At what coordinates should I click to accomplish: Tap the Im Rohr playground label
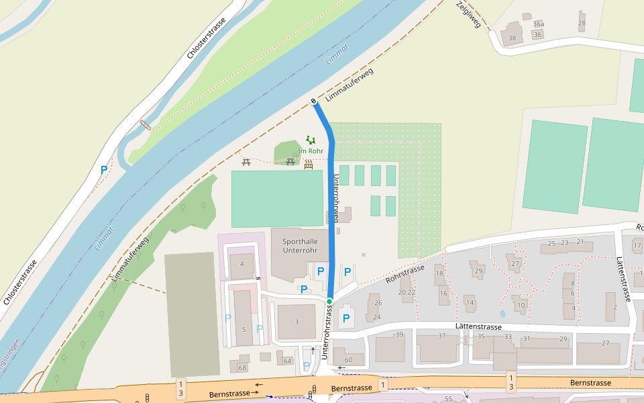pyautogui.click(x=311, y=151)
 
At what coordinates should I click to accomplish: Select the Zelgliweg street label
pyautogui.click(x=469, y=15)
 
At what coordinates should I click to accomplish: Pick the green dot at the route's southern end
pyautogui.click(x=329, y=302)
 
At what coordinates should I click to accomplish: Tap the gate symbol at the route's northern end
pyautogui.click(x=313, y=101)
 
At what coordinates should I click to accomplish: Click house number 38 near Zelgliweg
pyautogui.click(x=512, y=38)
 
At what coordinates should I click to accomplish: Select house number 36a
pyautogui.click(x=538, y=24)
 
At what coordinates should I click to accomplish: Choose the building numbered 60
pyautogui.click(x=348, y=360)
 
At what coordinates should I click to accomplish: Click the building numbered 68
pyautogui.click(x=242, y=367)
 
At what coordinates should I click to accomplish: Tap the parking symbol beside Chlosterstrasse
pyautogui.click(x=104, y=170)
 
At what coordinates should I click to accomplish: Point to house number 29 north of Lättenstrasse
pyautogui.click(x=478, y=271)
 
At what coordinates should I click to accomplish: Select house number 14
pyautogui.click(x=470, y=303)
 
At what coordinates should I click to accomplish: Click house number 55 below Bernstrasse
pyautogui.click(x=448, y=399)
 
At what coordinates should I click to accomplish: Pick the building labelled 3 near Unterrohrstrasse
pyautogui.click(x=296, y=322)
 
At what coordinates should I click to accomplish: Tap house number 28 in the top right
pyautogui.click(x=582, y=24)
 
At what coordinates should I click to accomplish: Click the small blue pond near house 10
pyautogui.click(x=502, y=313)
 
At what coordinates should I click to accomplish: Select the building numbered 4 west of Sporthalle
pyautogui.click(x=241, y=264)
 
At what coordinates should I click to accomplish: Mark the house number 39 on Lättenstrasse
pyautogui.click(x=399, y=334)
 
